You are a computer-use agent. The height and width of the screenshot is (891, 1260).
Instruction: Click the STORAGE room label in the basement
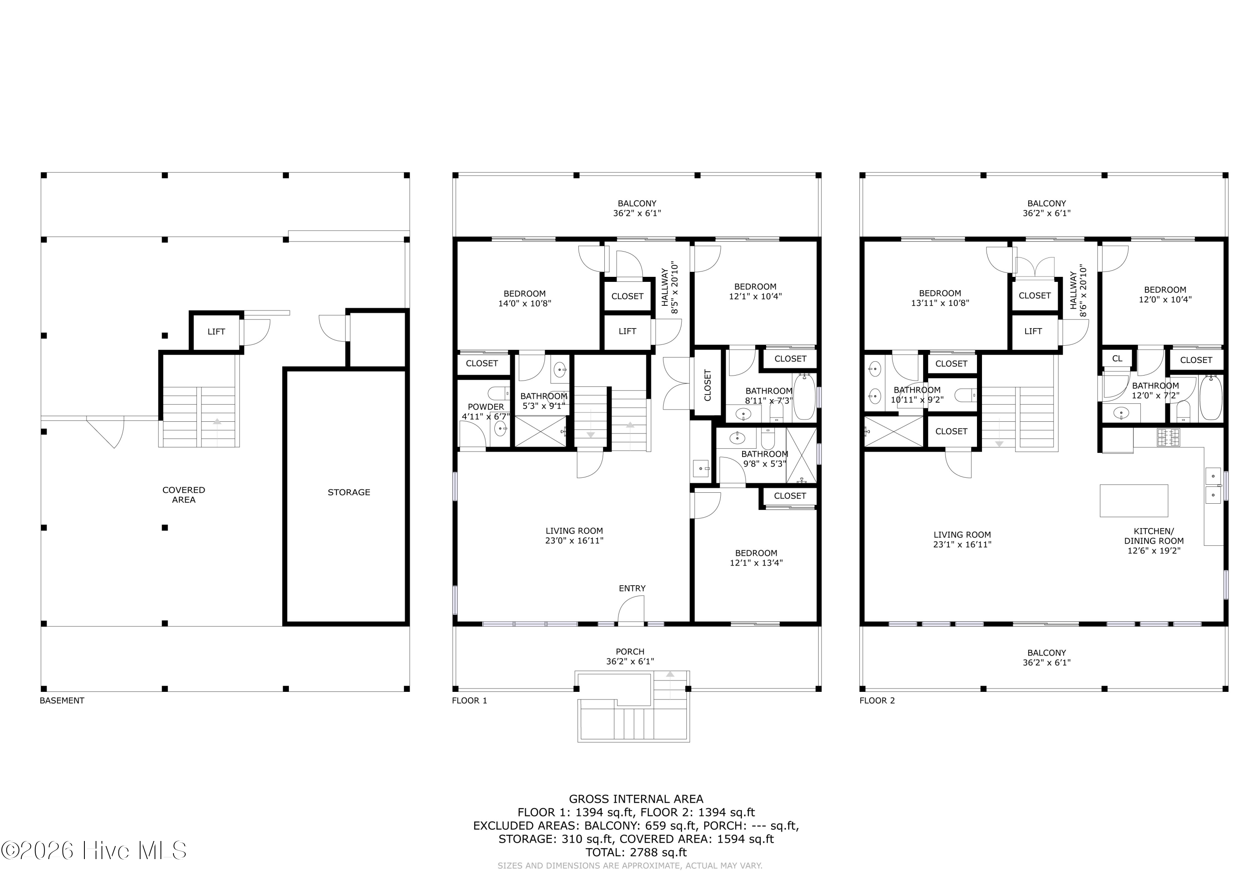point(349,492)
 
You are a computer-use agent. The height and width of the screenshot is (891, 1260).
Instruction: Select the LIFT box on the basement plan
point(216,331)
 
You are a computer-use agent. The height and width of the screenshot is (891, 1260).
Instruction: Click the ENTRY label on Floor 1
point(632,589)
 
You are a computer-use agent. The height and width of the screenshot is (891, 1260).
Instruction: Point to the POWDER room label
point(486,407)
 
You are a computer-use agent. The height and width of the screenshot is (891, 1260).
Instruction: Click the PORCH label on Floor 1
point(630,652)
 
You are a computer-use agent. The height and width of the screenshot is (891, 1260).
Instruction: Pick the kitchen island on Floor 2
point(1134,501)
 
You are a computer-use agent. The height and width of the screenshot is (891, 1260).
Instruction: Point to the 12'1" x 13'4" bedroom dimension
point(756,563)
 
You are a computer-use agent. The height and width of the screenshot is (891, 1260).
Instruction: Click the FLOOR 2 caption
point(877,701)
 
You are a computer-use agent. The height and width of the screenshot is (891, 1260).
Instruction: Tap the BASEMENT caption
point(62,701)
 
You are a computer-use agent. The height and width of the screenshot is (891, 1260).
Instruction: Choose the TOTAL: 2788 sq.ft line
point(636,853)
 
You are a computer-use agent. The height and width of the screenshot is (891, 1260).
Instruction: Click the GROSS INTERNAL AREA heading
point(636,799)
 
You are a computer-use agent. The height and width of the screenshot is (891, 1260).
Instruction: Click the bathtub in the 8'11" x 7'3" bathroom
point(804,397)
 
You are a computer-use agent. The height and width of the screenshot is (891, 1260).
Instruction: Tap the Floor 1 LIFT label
point(627,331)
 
